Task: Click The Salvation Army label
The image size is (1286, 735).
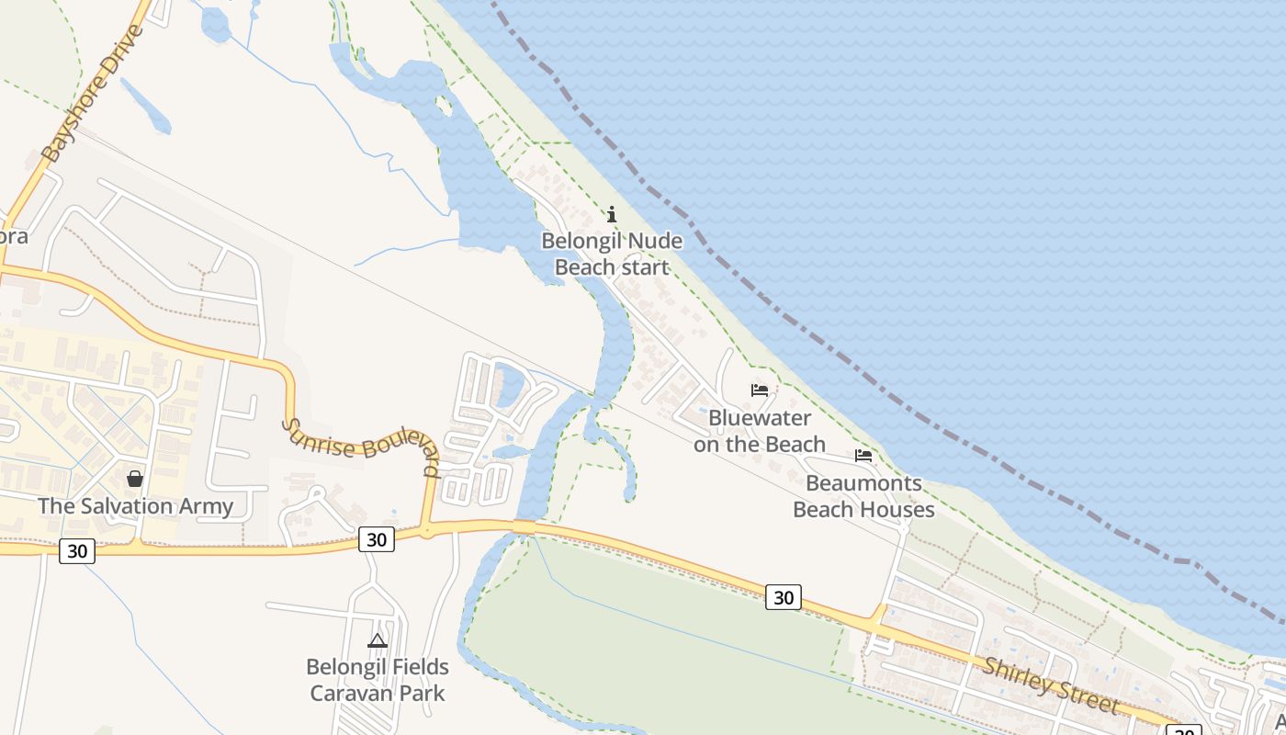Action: click(x=135, y=506)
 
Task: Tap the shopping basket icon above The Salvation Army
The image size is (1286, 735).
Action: click(x=135, y=479)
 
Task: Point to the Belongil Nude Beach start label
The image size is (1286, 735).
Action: click(x=612, y=254)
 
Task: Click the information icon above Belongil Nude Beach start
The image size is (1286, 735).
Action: click(x=612, y=215)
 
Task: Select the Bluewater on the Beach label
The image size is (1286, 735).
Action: click(x=759, y=431)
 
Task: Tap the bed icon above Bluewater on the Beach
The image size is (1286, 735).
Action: click(x=760, y=390)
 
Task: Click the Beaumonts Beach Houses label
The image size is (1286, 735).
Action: click(x=863, y=496)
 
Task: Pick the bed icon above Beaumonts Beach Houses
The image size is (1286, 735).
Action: click(x=863, y=455)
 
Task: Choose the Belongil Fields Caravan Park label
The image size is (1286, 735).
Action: click(x=378, y=680)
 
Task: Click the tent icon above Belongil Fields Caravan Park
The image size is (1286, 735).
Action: click(x=378, y=640)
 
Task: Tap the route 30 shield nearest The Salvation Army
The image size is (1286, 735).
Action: click(x=77, y=550)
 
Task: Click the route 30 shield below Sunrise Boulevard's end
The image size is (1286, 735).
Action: click(x=377, y=539)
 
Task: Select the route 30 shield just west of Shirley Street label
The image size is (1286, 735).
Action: click(x=783, y=597)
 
